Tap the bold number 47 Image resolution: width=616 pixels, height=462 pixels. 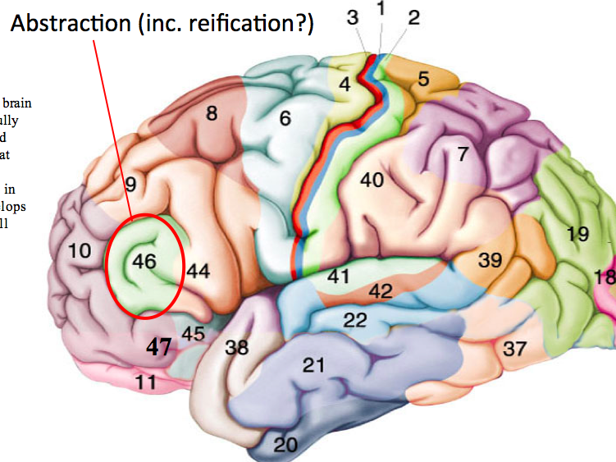159,347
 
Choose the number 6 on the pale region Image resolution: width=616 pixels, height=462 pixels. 285,118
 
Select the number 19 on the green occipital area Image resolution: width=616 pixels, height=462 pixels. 577,235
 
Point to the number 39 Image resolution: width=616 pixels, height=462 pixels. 490,260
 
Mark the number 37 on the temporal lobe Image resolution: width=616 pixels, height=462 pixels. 514,349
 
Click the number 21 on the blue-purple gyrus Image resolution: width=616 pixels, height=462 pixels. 315,365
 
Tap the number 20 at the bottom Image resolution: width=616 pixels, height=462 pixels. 285,445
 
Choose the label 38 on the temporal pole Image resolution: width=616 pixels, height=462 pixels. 237,347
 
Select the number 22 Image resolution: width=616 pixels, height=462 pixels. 354,320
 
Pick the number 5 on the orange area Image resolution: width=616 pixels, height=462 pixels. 423,80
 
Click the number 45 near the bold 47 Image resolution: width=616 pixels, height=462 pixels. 193,333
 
